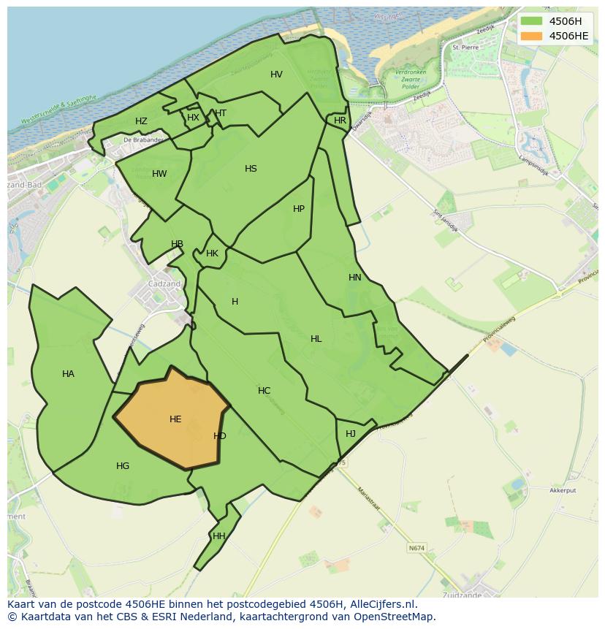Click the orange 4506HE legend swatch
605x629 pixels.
coord(532,36)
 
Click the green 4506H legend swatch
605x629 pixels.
coord(532,21)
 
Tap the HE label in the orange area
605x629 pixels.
coord(175,419)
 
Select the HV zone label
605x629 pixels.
coord(276,75)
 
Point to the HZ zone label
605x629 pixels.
coord(141,121)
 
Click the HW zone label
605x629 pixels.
coord(159,174)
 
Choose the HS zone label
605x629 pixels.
coord(251,169)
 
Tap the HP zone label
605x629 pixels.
coord(299,209)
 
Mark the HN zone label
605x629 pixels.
coord(355,278)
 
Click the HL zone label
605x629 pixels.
coord(316,339)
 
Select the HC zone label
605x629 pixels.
coord(264,391)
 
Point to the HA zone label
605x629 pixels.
coord(68,374)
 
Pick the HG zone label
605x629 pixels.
coord(123,466)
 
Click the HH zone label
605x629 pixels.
coord(218,536)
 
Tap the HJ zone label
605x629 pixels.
coord(351,434)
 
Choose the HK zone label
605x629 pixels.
coord(212,254)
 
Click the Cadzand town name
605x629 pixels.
coord(164,284)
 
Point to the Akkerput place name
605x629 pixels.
coord(563,491)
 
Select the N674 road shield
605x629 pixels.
coord(416,548)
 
